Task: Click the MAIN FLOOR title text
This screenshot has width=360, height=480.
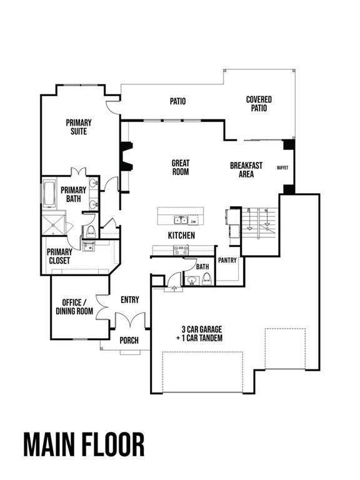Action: (84, 444)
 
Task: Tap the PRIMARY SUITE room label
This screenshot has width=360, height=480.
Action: (79, 127)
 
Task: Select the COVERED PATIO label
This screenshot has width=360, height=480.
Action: (259, 104)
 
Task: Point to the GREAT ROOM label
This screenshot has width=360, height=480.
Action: (181, 167)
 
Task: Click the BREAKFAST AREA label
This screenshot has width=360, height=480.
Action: (246, 170)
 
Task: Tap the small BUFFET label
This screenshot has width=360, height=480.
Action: (282, 167)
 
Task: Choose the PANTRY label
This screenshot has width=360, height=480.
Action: (227, 261)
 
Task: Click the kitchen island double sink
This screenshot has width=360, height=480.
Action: (180, 219)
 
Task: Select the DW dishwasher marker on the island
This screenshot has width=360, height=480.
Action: (194, 220)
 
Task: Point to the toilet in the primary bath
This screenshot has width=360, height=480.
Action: (90, 231)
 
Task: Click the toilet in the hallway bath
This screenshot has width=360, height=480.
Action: (207, 279)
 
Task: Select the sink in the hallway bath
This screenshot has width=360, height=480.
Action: (191, 281)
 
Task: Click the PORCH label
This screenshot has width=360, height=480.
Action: (129, 341)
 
